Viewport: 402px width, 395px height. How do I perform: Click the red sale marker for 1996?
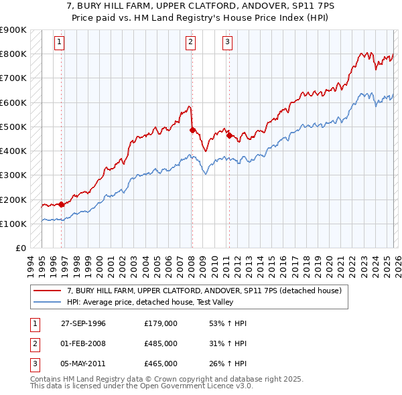coord(61,204)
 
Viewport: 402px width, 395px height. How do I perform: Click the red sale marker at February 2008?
coord(192,131)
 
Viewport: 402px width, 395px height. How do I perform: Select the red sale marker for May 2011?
coord(229,135)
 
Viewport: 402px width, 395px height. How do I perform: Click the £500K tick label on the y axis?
coord(13,127)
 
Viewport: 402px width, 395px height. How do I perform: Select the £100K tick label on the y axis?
coord(13,224)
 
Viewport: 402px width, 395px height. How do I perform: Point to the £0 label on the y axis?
coord(19,248)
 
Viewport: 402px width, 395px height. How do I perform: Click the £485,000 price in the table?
coord(161,343)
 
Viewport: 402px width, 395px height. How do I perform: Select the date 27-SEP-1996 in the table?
coord(83,323)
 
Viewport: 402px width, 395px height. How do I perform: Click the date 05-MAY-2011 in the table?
coord(83,364)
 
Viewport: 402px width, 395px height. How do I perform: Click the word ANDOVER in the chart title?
coord(249,5)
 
